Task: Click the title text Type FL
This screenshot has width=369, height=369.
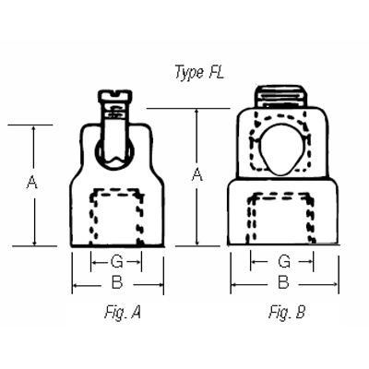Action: point(197,70)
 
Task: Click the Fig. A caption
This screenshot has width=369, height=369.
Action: point(123,312)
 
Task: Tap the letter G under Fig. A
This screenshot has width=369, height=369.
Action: point(115,261)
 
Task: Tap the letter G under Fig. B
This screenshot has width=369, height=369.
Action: point(284,261)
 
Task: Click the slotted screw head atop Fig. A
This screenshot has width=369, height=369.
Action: point(115,96)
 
